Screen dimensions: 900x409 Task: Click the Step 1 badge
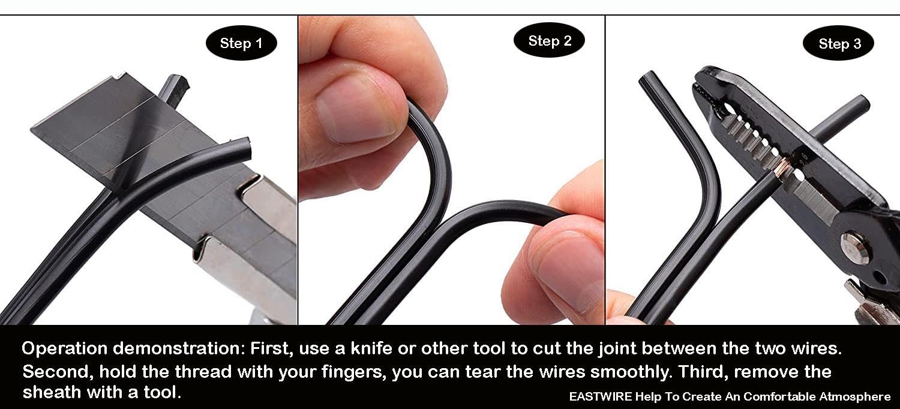(x=241, y=43)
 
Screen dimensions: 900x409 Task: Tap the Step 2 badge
(x=549, y=40)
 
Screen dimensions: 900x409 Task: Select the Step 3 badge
(x=839, y=43)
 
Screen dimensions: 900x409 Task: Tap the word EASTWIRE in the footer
(x=600, y=396)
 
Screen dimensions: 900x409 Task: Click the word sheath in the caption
(x=52, y=392)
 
